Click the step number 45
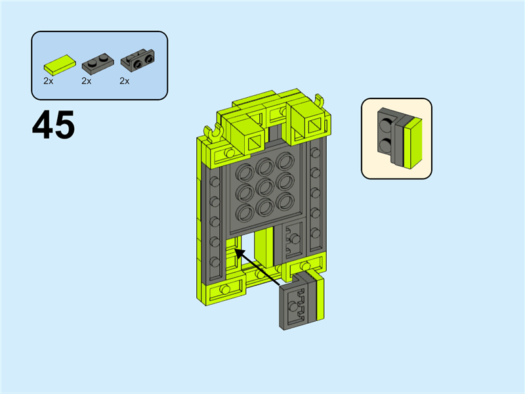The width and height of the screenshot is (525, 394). (54, 125)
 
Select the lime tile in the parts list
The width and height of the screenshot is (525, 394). (60, 64)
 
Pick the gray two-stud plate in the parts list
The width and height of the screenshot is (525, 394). (98, 64)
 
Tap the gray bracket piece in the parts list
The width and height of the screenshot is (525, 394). (138, 60)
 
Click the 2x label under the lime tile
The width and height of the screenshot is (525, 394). (48, 81)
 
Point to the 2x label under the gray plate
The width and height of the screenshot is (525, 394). (87, 81)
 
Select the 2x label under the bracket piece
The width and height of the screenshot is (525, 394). (125, 81)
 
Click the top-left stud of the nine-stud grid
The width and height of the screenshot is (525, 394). (245, 173)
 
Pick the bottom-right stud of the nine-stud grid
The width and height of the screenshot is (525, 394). (285, 201)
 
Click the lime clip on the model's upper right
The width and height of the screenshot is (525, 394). (320, 101)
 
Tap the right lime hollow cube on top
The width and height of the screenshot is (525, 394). (306, 122)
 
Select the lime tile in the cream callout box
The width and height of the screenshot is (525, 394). (413, 143)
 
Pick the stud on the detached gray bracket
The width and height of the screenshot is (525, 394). (293, 307)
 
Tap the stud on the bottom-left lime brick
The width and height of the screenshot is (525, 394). (225, 289)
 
